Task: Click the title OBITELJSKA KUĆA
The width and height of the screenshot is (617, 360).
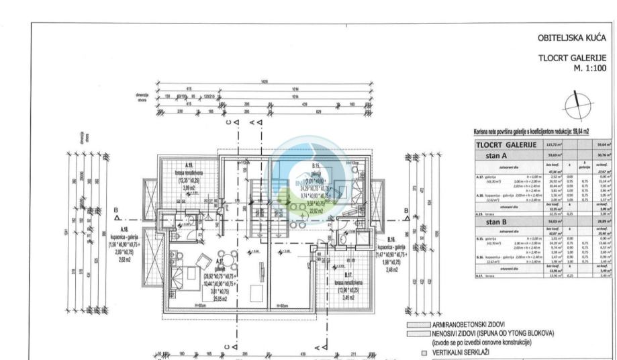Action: tap(572, 38)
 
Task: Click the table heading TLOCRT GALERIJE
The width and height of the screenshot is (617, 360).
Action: tap(506, 144)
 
